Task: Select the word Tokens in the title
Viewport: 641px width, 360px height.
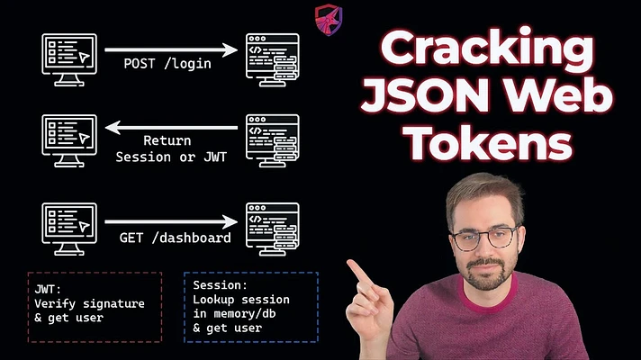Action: pos(490,142)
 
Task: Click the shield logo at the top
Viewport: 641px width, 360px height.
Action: pos(329,20)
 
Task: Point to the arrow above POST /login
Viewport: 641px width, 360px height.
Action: pos(171,49)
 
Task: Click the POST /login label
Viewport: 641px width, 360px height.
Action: pos(167,64)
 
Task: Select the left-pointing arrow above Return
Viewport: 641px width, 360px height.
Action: pos(171,128)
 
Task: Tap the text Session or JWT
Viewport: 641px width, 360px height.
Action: pos(171,157)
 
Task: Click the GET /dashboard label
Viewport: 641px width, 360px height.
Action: pos(175,238)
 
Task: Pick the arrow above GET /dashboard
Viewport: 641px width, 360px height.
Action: pos(171,222)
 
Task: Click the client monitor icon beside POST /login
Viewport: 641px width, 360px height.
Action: pos(69,59)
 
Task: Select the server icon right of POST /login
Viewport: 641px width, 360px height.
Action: pos(272,59)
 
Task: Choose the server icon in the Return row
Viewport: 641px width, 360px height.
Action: pos(272,140)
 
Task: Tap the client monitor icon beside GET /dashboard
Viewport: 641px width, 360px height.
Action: pos(69,229)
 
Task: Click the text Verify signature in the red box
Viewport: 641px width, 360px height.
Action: pos(89,304)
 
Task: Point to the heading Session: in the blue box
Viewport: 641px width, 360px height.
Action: pos(220,284)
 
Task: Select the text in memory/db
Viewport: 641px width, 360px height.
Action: pos(234,314)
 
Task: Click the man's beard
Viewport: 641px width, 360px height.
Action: pos(486,274)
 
